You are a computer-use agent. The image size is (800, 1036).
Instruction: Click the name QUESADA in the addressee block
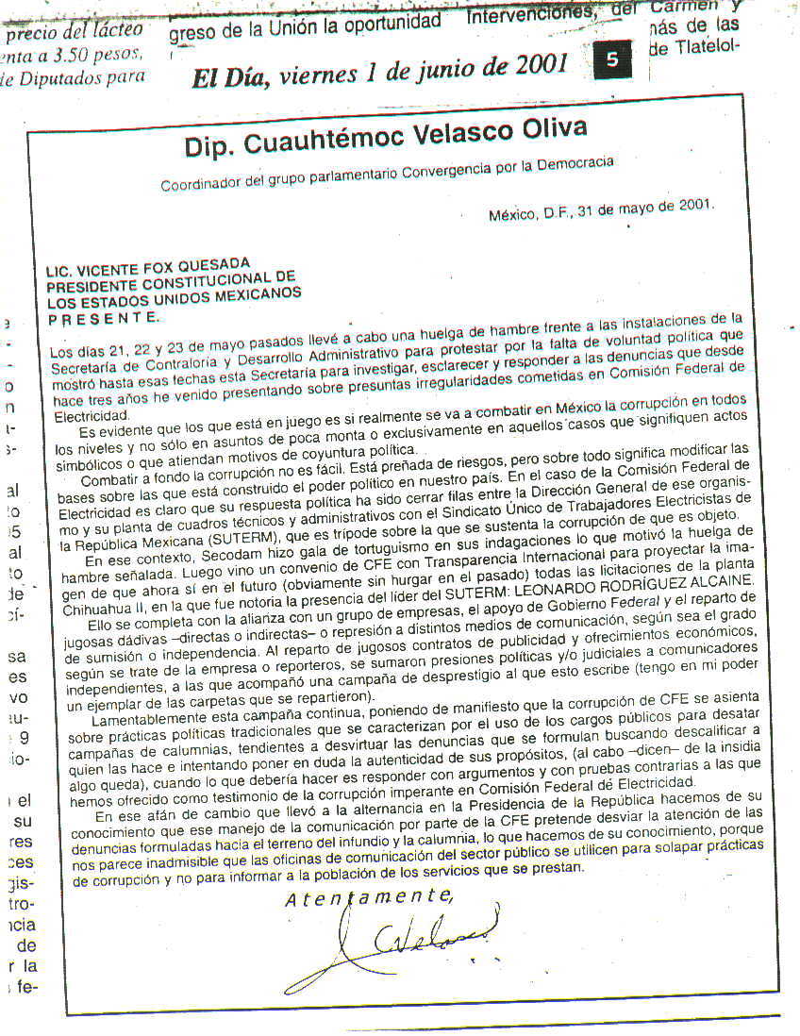click(216, 263)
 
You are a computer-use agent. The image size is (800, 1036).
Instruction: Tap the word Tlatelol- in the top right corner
click(703, 44)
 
